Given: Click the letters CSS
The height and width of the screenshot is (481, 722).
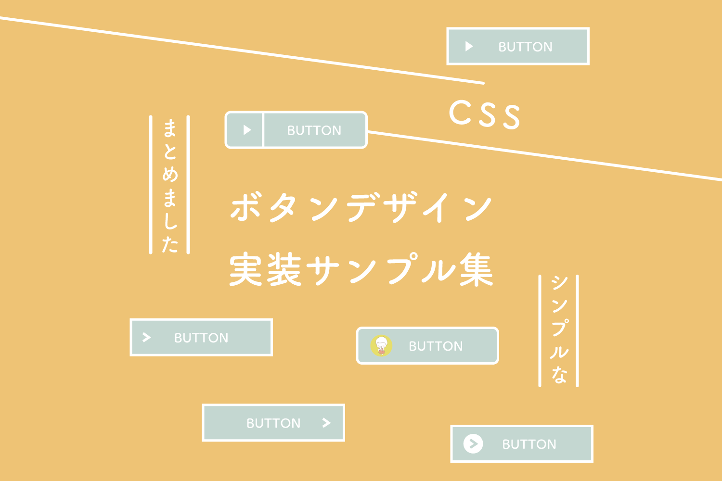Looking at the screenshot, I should (x=485, y=114).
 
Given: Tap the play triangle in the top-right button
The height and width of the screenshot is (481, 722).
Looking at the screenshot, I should (x=469, y=46).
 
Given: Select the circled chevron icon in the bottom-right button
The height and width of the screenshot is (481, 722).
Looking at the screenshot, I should (x=473, y=443).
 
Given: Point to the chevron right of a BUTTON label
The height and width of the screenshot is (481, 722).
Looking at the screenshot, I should (x=326, y=423).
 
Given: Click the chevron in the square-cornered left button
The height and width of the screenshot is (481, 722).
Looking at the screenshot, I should (x=147, y=337).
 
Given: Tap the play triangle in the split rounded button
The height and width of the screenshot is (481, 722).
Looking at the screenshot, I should (x=247, y=130).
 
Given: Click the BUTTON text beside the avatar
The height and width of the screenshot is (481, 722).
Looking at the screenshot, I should (x=436, y=346).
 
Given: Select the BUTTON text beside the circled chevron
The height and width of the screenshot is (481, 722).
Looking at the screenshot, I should (x=529, y=444).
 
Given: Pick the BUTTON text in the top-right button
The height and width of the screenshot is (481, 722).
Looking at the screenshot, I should (x=525, y=47).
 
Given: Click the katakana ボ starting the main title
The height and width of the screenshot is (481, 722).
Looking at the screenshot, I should (x=245, y=208).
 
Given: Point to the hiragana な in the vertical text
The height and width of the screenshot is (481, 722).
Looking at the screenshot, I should (x=559, y=374).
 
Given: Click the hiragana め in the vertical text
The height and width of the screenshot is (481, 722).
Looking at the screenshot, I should (x=170, y=174).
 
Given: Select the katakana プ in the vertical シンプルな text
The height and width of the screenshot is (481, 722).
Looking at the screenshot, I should (x=559, y=327).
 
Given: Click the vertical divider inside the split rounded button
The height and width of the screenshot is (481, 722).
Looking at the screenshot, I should (x=263, y=130).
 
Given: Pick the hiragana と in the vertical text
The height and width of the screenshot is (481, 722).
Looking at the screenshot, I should (x=170, y=151).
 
